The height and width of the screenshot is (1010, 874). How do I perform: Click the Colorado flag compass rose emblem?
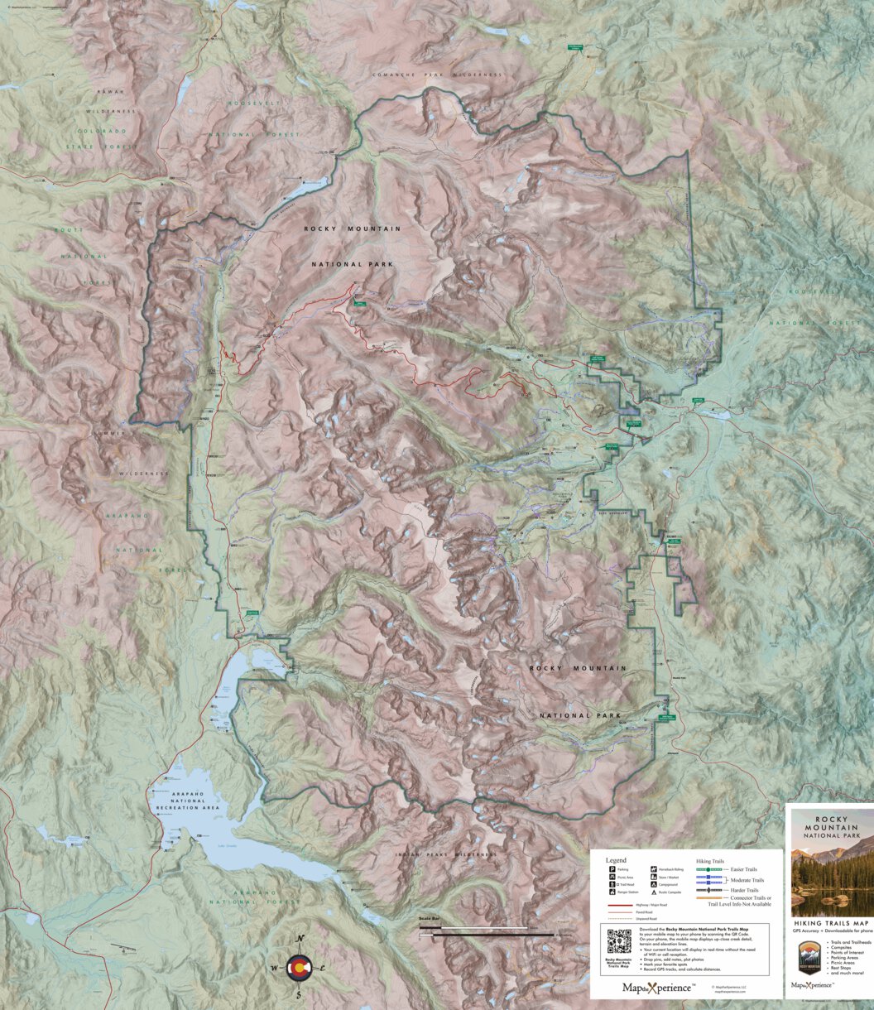pyautogui.click(x=300, y=966)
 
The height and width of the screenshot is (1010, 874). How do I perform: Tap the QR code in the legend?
pyautogui.click(x=619, y=941)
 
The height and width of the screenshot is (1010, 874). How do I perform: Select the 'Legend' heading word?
pyautogui.click(x=617, y=860)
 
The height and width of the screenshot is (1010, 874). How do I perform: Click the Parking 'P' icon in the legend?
pyautogui.click(x=612, y=870)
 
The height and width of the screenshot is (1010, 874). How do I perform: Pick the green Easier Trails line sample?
pyautogui.click(x=709, y=870)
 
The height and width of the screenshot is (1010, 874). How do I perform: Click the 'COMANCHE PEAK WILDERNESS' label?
pyautogui.click(x=450, y=75)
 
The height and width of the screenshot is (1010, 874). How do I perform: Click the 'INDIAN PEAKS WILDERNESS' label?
pyautogui.click(x=444, y=854)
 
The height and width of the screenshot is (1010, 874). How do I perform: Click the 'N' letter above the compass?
pyautogui.click(x=300, y=938)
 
